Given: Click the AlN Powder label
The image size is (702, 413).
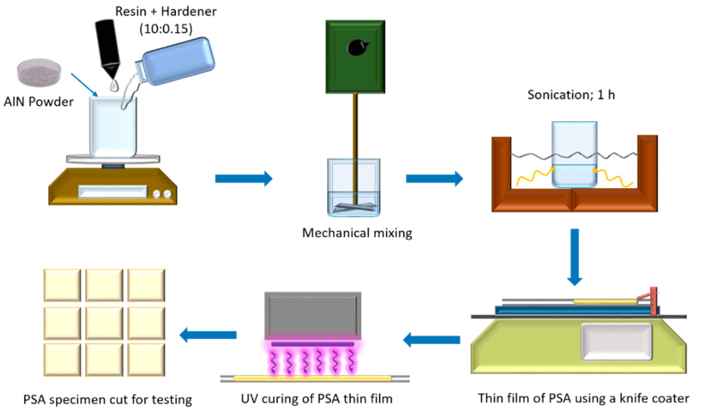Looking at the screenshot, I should pos(38,102).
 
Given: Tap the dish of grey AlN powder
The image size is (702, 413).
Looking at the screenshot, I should pos(39,72).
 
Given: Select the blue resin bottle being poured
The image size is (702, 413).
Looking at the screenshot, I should pos(178,61).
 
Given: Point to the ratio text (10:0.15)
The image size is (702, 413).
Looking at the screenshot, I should pos(166,29).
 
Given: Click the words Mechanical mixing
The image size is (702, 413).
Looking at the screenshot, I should pos(357,233).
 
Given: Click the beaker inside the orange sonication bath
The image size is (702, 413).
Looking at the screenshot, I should pos(574,154).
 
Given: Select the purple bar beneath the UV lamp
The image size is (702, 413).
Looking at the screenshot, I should pos(312,344).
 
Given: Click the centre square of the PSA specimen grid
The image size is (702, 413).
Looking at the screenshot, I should pos(104,323).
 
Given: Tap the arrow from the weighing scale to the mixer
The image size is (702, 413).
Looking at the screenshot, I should pos(243,178).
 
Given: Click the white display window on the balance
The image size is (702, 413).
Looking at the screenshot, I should pos(113,191).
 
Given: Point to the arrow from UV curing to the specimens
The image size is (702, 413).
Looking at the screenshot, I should pos(208,335).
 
